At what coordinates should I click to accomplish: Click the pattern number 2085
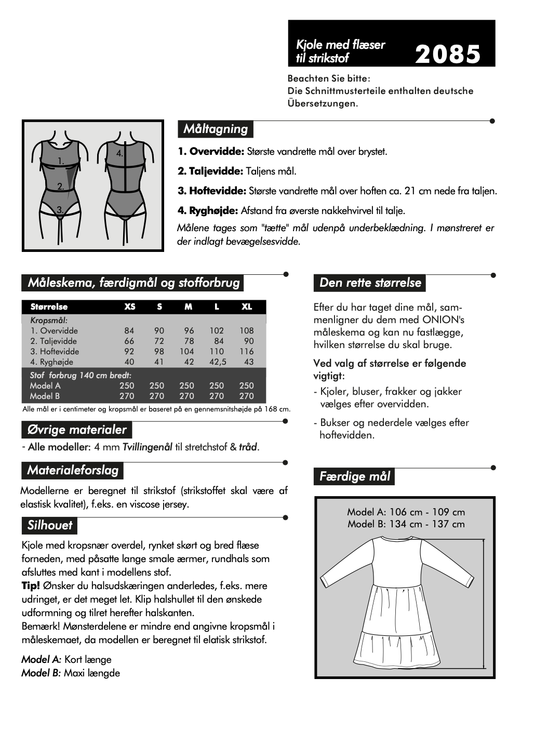(x=448, y=54)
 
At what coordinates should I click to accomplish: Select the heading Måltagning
(x=216, y=129)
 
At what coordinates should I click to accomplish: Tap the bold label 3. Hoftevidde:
(x=212, y=191)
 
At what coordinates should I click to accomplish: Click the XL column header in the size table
(x=247, y=307)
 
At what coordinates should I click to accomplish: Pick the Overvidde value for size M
(x=189, y=330)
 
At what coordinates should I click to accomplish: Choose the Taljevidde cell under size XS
(x=129, y=341)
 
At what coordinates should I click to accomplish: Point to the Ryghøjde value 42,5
(x=218, y=362)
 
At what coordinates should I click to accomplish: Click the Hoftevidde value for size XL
(x=247, y=351)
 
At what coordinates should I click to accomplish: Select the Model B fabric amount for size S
(x=157, y=396)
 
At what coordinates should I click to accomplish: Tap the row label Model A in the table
(x=45, y=385)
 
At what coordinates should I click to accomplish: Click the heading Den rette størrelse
(x=370, y=283)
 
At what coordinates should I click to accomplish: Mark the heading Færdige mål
(x=354, y=476)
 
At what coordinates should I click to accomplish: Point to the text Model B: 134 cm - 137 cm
(x=406, y=524)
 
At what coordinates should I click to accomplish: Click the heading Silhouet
(x=50, y=525)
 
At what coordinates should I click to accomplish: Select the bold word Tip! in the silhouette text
(x=31, y=585)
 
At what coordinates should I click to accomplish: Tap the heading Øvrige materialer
(x=77, y=430)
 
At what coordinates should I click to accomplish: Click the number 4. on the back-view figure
(x=119, y=153)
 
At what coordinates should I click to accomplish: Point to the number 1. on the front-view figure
(x=61, y=161)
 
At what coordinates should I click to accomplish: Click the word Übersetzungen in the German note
(x=322, y=103)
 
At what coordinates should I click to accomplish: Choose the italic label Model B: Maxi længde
(x=71, y=673)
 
